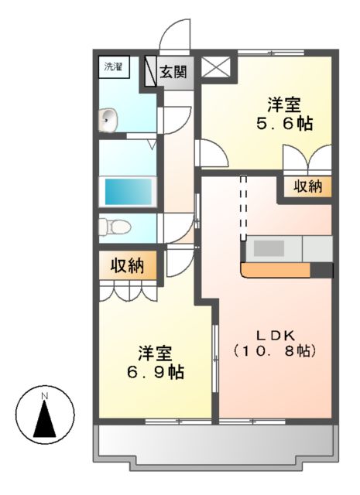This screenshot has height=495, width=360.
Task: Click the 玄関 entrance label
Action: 173,73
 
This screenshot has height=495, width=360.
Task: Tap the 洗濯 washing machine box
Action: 114,67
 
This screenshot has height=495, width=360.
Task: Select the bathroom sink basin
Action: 108,120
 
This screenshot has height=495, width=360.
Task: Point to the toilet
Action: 115,226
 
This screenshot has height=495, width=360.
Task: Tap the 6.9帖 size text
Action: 156,371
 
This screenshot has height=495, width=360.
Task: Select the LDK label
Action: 273,334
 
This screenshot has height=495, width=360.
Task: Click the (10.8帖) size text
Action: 273,351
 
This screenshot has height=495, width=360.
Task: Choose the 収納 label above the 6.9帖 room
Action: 127,266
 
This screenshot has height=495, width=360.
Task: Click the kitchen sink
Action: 269,249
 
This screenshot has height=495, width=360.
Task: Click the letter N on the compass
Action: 45,396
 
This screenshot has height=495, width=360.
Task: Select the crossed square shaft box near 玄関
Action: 216,67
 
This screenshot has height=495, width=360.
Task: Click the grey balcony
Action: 216,448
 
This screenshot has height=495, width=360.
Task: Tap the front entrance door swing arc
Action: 175,36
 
